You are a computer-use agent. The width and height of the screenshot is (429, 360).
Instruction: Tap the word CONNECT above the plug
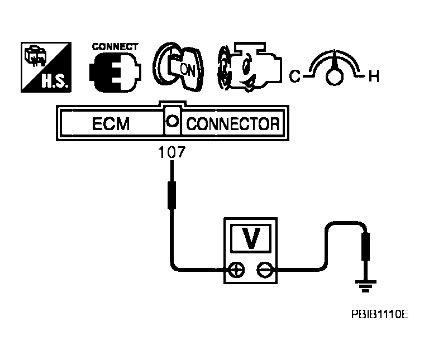[115, 47]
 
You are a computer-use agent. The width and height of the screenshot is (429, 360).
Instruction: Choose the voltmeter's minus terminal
[264, 270]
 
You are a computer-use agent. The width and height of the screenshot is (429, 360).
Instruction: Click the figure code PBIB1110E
[380, 315]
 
